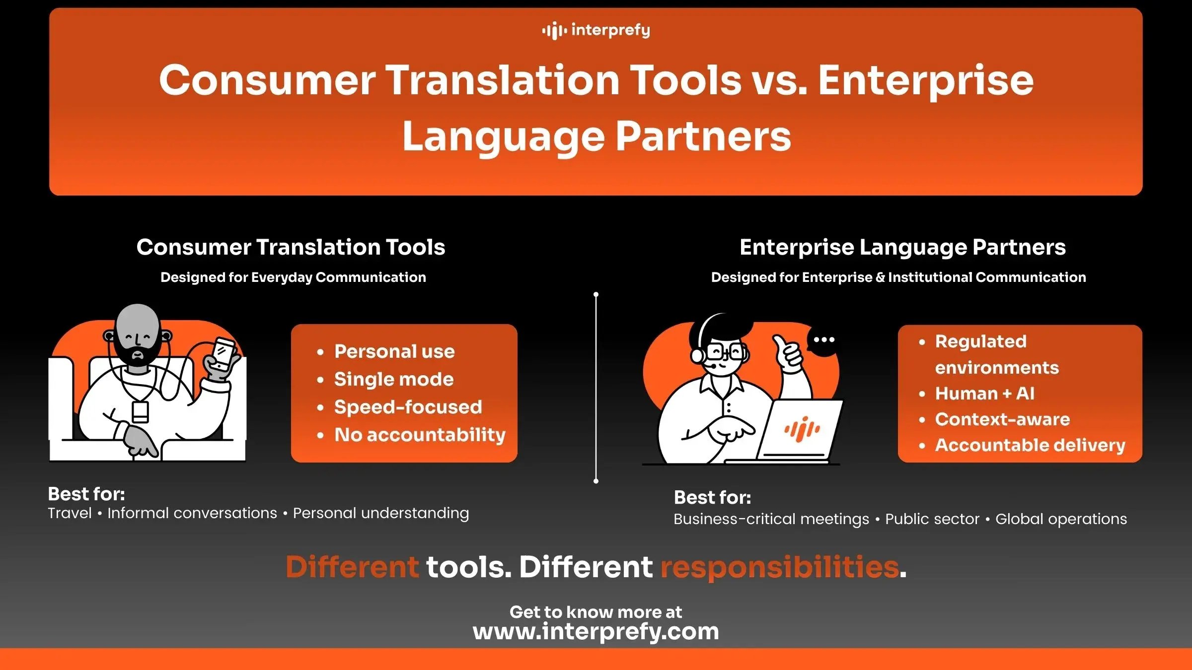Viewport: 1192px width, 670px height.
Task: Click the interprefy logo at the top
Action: tap(596, 30)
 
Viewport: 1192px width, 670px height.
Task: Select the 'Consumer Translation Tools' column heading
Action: tap(291, 247)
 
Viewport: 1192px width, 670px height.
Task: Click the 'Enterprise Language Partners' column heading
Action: tap(902, 247)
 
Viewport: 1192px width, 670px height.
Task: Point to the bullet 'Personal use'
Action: tap(394, 351)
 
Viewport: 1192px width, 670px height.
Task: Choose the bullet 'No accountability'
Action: tap(420, 435)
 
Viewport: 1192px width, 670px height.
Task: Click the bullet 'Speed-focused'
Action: tap(408, 407)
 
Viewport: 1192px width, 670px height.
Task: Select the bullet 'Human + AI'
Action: tap(984, 394)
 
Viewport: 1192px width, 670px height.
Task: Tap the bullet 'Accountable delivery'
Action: tap(1030, 445)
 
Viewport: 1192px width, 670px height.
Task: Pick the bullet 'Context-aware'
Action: tap(1002, 419)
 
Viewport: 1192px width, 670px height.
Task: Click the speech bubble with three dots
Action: tap(823, 341)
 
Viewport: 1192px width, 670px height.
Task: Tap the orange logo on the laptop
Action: tap(802, 428)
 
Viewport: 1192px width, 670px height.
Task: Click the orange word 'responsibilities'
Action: tap(779, 567)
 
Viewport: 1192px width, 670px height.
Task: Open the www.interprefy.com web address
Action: tap(596, 631)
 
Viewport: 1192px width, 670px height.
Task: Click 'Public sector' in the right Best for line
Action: tap(932, 519)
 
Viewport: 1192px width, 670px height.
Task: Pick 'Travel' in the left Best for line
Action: tap(70, 513)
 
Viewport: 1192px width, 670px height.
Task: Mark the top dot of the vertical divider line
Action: tap(596, 295)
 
